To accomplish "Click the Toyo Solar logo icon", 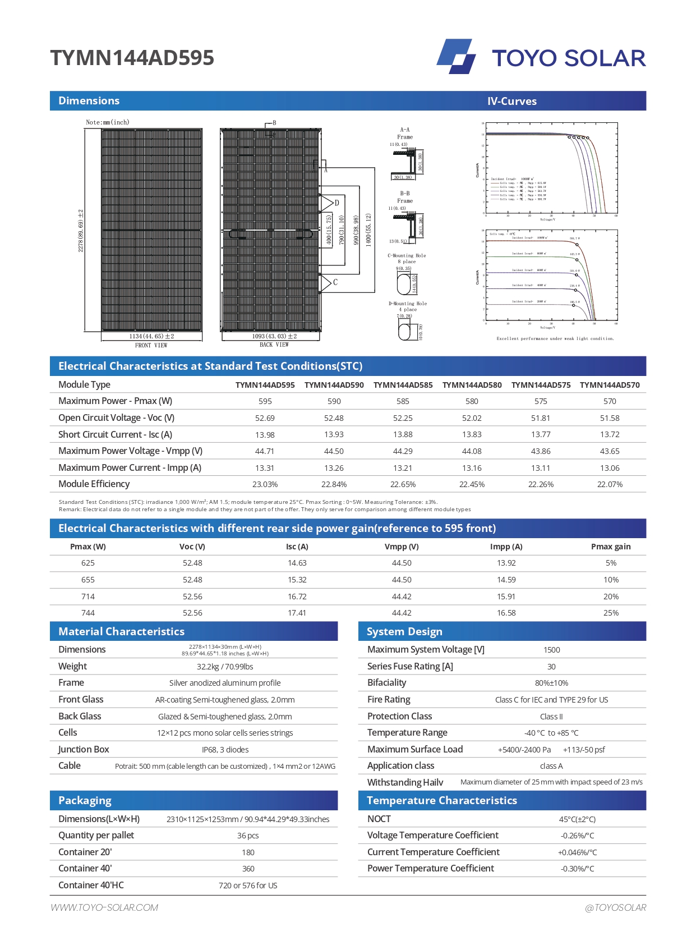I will pos(456,56).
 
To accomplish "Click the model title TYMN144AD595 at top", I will pos(132,58).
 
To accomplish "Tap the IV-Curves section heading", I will pos(511,101).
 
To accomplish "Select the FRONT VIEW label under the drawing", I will pos(151,345).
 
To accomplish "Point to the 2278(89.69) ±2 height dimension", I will pos(81,230).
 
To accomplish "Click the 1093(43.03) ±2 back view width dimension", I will pos(274,336).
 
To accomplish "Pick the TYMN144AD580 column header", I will pos(472,385).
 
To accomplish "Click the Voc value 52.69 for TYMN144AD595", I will pos(265,418).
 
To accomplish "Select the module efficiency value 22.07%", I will pos(610,484).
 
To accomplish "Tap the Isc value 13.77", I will pos(541,434).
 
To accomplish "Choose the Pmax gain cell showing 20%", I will pos(611,597).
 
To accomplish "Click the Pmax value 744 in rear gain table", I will pos(88,613).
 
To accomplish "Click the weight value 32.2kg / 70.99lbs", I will pos(225,667).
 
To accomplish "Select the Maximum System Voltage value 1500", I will pos(551,650).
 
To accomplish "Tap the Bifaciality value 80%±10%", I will pos(551,683).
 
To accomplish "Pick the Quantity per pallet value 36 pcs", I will pos(248,836).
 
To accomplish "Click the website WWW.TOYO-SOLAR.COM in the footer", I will pos(104,907).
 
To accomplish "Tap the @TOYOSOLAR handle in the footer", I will pos(615,907).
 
